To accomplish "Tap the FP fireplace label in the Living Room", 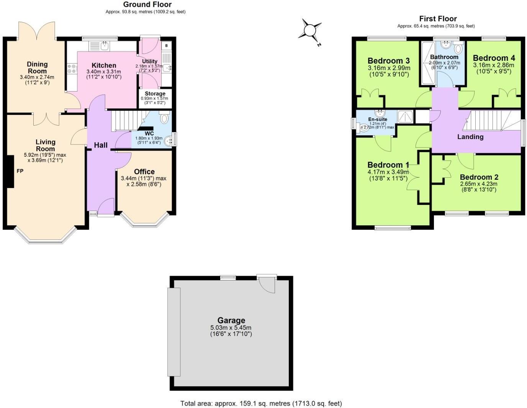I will [x=20, y=171].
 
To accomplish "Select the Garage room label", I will [x=231, y=320].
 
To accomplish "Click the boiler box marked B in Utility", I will [x=166, y=46].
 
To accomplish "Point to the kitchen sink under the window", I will [x=104, y=46].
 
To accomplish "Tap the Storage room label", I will [x=155, y=93].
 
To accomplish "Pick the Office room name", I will [x=144, y=172].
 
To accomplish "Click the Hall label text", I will [x=101, y=145].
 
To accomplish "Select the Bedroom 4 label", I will [x=494, y=58].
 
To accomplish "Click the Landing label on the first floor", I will [x=470, y=137].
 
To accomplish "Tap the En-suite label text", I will [x=378, y=120].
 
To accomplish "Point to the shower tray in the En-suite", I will [x=405, y=116].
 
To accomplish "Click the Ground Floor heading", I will [x=147, y=5].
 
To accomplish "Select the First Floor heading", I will [x=438, y=18].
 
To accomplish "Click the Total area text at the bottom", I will [x=261, y=403].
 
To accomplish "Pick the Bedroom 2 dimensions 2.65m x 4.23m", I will [x=479, y=184].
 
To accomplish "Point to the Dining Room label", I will [x=37, y=67].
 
